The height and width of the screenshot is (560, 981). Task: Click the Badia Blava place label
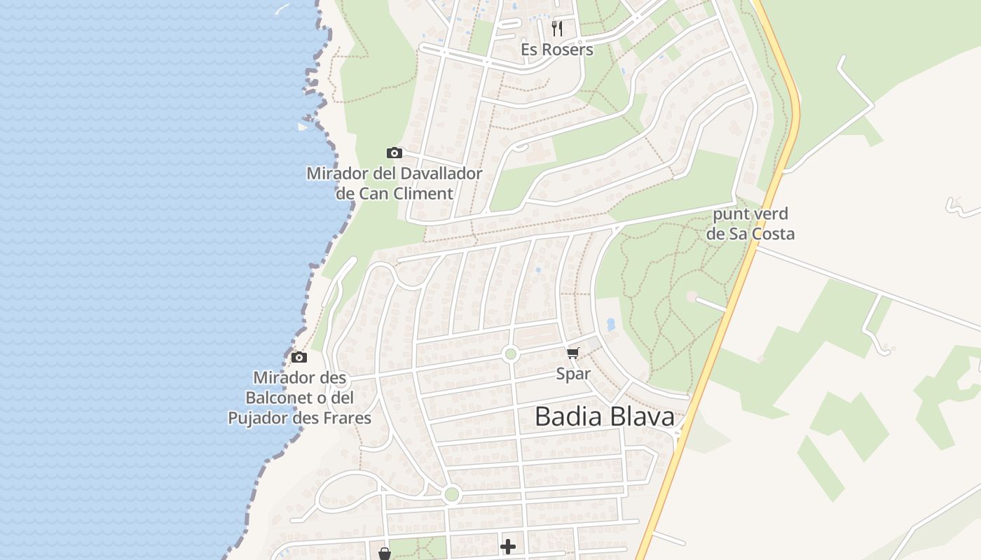coord(604,416)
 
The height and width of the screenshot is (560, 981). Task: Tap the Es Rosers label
coord(557,50)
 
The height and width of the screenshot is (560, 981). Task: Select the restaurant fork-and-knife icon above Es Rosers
coord(557,28)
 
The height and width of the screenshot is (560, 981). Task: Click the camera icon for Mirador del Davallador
coord(395,153)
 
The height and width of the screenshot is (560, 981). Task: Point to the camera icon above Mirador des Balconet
coord(299,357)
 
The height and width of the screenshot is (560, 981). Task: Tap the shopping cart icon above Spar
coord(573,353)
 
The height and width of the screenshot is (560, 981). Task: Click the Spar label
coord(573,374)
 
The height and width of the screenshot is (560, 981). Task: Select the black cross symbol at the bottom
coord(508,546)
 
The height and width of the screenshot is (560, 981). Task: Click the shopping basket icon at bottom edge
coord(385,554)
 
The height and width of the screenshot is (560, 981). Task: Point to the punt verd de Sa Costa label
coord(750,224)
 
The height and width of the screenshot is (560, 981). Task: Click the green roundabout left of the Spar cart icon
coord(510,354)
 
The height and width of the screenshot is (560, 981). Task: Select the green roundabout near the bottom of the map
coord(452,495)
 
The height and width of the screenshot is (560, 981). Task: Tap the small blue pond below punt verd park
coord(611,325)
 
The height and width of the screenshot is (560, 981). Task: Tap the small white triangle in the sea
coord(303,127)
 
